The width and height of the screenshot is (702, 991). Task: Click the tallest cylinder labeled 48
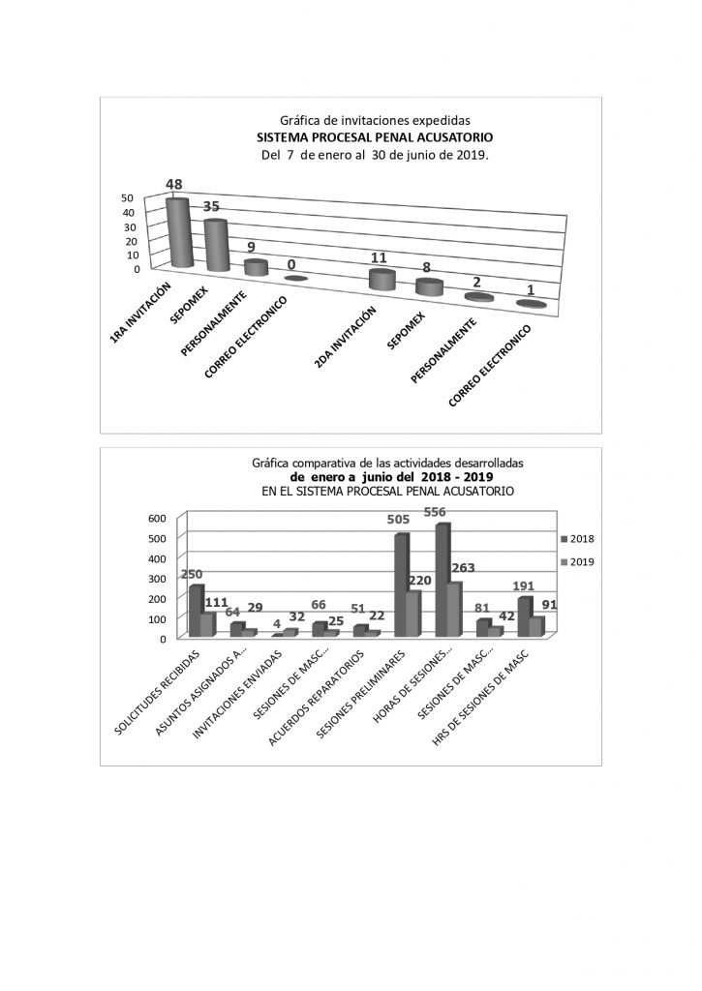pyautogui.click(x=178, y=232)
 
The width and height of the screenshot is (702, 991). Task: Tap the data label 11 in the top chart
pyautogui.click(x=380, y=258)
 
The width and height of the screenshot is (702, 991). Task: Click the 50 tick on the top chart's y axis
pyautogui.click(x=128, y=198)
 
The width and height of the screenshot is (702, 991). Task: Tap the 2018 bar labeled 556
pyautogui.click(x=442, y=579)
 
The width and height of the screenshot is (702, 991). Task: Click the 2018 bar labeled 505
pyautogui.click(x=401, y=585)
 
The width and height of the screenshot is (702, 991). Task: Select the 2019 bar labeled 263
pyautogui.click(x=453, y=610)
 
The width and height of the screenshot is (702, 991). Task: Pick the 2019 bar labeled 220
pyautogui.click(x=412, y=614)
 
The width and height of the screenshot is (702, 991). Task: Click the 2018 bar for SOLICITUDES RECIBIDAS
pyautogui.click(x=196, y=612)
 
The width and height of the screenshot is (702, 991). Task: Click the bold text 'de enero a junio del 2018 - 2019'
pyautogui.click(x=392, y=477)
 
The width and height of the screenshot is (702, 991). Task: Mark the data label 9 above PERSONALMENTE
pyautogui.click(x=252, y=247)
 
